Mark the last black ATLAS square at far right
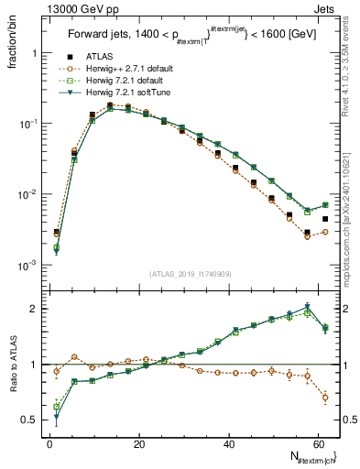[324, 220]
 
